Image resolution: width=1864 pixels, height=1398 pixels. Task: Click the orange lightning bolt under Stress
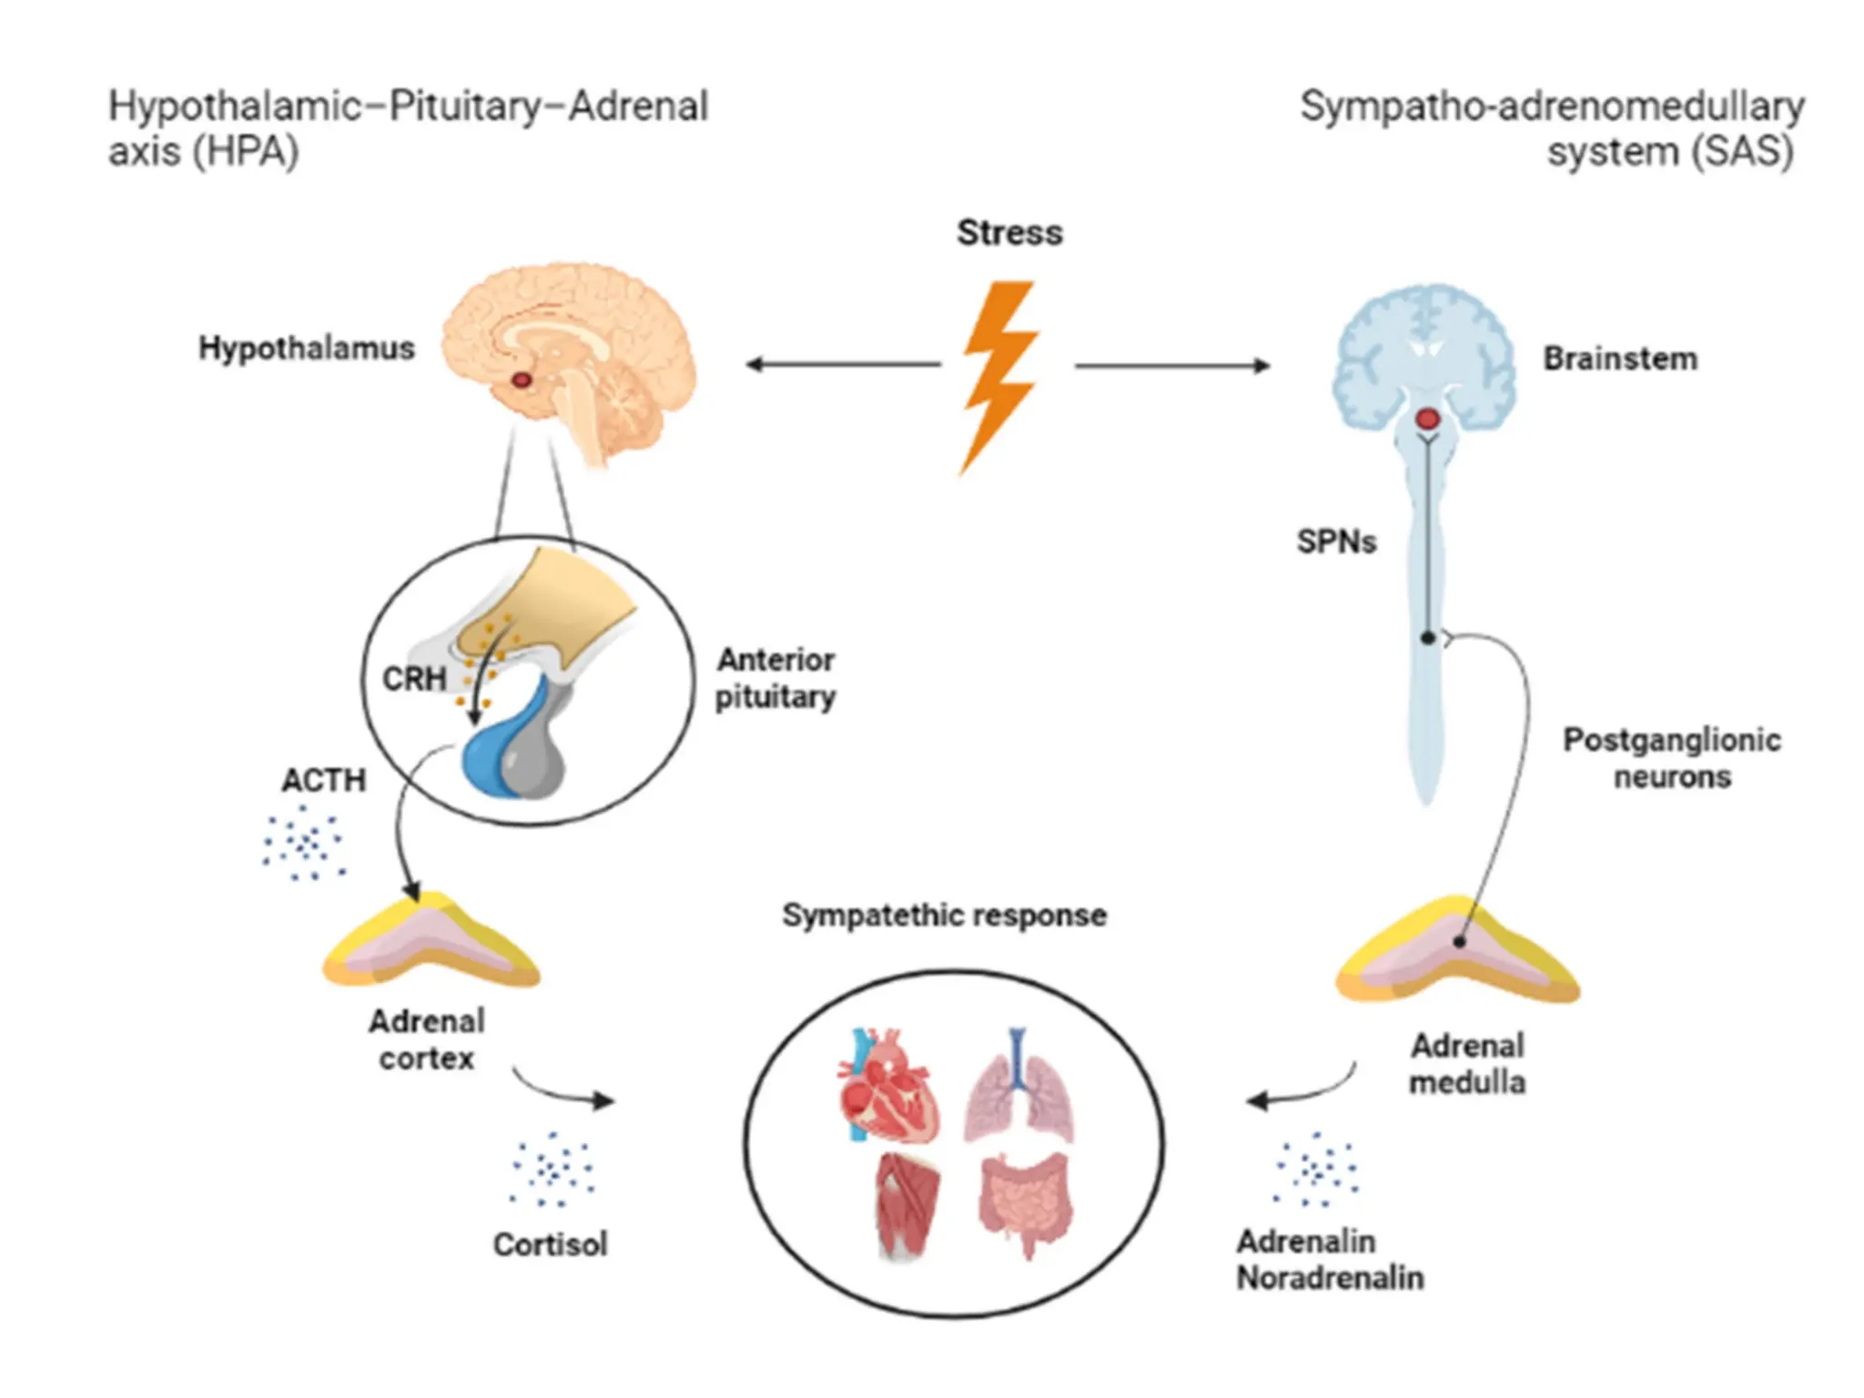click(x=999, y=373)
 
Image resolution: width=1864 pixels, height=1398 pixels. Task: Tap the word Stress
click(x=1008, y=233)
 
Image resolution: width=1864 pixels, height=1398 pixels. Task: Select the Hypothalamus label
click(x=306, y=348)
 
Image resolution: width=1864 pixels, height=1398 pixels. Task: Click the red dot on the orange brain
click(x=521, y=380)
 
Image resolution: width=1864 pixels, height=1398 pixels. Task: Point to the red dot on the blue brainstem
click(x=1427, y=420)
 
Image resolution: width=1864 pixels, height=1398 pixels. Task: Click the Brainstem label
click(x=1619, y=359)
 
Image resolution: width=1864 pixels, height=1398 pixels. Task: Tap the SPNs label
click(x=1335, y=542)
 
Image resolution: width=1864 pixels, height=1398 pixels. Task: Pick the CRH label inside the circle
click(x=414, y=679)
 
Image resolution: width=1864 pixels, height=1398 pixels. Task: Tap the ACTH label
click(x=323, y=781)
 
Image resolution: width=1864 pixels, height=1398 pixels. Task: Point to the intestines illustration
click(x=1025, y=1201)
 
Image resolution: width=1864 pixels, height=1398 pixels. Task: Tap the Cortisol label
click(x=550, y=1245)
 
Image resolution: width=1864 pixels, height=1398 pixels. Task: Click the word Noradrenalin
click(x=1329, y=1279)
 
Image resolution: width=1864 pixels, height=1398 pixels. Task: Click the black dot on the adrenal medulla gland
click(x=1459, y=942)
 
